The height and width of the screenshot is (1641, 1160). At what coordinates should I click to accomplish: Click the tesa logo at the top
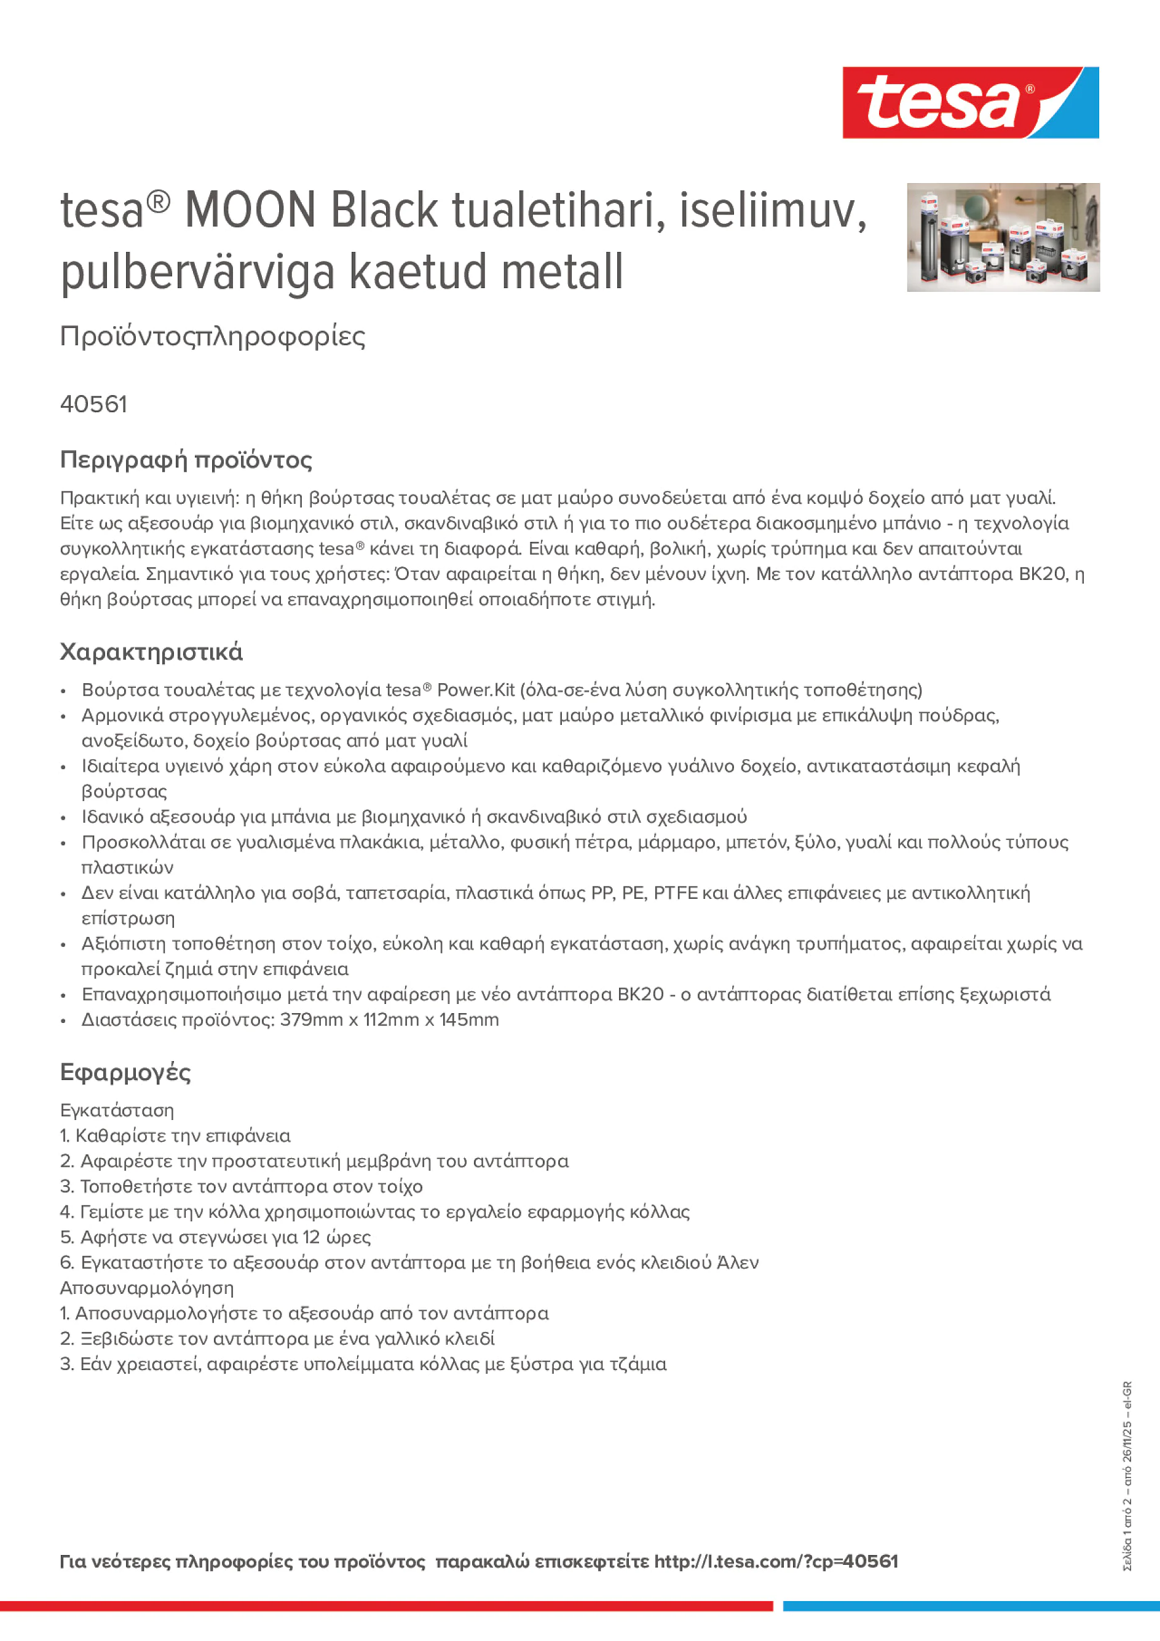(970, 103)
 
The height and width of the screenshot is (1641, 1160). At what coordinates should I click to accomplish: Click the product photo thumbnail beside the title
(1003, 237)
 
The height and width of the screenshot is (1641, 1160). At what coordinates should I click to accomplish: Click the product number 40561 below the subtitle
(93, 404)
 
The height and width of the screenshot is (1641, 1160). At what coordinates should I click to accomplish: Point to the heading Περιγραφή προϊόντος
(186, 460)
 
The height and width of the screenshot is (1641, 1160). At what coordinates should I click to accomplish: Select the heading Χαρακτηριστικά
(151, 652)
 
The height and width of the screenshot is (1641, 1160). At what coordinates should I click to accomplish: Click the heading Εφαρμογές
(125, 1072)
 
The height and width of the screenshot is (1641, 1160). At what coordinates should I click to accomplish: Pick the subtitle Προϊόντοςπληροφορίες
(213, 337)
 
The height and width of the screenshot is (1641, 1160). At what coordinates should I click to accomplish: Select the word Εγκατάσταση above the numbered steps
(117, 1110)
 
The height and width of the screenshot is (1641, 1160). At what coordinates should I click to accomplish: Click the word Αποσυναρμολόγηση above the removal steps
(146, 1288)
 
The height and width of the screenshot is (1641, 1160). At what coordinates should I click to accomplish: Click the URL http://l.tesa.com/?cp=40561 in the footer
(776, 1561)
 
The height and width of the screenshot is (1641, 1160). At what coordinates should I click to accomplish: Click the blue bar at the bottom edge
(971, 1606)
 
